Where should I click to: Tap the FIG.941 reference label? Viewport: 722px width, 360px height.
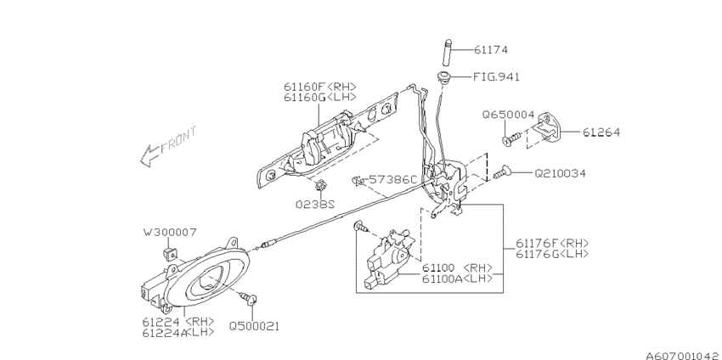(x=496, y=76)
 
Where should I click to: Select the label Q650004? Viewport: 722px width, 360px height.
(x=509, y=114)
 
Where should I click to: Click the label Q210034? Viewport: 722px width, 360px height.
(x=561, y=173)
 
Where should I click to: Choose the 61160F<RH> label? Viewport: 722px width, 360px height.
(x=320, y=86)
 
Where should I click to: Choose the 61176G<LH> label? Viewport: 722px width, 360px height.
(x=553, y=254)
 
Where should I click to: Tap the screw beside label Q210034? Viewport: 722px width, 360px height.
(x=501, y=173)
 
